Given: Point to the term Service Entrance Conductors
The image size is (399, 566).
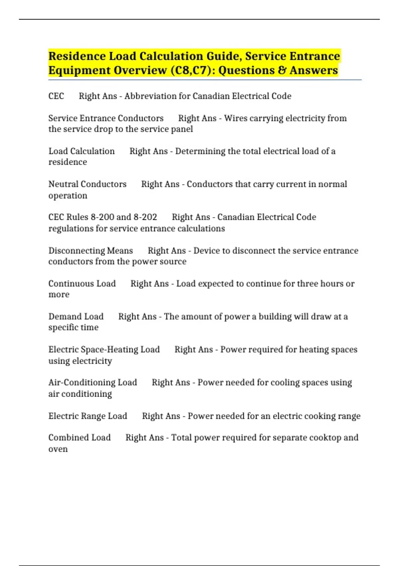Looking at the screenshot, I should pos(106,118).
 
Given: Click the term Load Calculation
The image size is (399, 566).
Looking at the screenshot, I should pos(81,151).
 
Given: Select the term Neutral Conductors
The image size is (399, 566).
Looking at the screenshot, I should pos(87,184).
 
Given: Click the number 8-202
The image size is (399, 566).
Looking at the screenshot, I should pos(145,217).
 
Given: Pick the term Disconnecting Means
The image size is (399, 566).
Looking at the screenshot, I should pos(90,250).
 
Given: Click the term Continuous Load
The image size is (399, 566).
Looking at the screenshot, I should pos(82,283).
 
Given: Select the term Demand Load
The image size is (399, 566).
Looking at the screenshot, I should pos(76,316).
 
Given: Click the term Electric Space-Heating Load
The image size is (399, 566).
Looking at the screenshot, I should pos(104,349).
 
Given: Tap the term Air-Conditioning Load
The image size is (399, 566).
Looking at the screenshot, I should pos(92,382).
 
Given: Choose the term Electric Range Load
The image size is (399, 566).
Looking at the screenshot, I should pos(88,416).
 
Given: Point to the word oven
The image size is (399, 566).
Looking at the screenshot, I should pos(58,449).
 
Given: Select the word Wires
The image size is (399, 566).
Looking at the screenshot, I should pos(235,118).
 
